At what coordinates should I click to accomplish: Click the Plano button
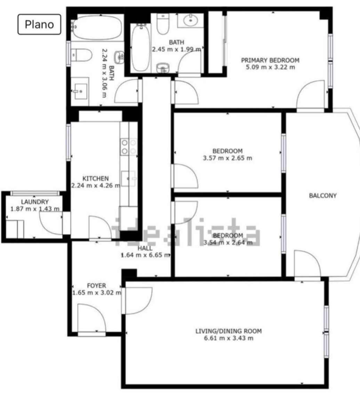click(x=39, y=24)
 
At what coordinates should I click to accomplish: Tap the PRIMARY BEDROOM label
click(x=270, y=60)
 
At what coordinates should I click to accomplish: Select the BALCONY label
click(x=323, y=196)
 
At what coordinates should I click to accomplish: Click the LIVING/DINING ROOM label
click(x=229, y=331)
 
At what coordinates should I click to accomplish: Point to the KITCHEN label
click(x=96, y=179)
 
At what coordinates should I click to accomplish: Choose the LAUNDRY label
click(x=35, y=202)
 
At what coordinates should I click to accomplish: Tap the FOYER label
click(x=97, y=286)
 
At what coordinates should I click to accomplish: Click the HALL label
click(x=145, y=248)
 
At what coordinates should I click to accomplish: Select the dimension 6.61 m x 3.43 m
click(x=229, y=338)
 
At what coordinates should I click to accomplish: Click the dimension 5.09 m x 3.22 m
click(x=270, y=67)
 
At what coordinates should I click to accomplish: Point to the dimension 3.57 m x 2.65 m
click(x=227, y=158)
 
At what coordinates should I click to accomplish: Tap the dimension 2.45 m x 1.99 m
click(x=177, y=49)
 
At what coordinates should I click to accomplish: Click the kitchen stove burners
click(x=129, y=146)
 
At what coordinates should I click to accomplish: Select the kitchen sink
click(x=128, y=178)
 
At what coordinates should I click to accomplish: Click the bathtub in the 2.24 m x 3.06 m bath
click(x=97, y=27)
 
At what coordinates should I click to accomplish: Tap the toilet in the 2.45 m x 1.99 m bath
click(x=163, y=24)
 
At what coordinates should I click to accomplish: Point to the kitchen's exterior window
click(x=69, y=142)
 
